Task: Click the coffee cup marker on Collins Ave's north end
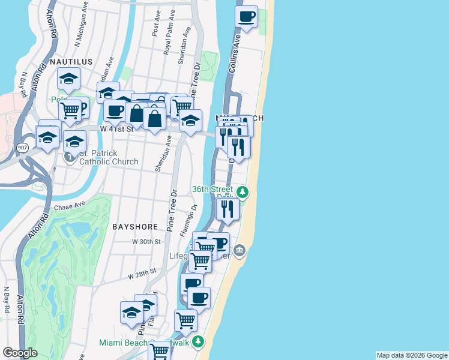click(x=246, y=17)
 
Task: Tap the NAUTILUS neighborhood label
click(x=71, y=62)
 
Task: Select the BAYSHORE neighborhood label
click(x=135, y=227)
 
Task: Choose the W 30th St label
click(x=147, y=242)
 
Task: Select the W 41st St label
click(x=116, y=129)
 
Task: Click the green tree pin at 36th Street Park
click(x=242, y=193)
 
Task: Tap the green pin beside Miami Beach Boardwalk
click(x=199, y=343)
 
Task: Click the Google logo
click(x=20, y=353)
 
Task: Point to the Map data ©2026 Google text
click(x=411, y=355)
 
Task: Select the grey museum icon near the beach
click(x=240, y=250)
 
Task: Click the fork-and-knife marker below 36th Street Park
click(x=228, y=209)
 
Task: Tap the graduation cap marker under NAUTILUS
click(x=69, y=79)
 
